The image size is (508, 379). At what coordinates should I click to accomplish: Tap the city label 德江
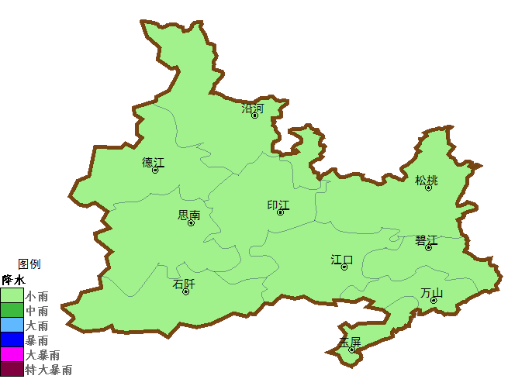click(154, 162)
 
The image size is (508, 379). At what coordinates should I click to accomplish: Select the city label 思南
click(189, 215)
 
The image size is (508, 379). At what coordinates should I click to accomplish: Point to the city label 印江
click(278, 205)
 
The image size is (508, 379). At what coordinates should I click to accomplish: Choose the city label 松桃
click(427, 180)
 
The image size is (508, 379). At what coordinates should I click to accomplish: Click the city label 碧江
click(427, 239)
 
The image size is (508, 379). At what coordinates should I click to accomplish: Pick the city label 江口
click(342, 259)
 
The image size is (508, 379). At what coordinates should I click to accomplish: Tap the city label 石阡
click(184, 284)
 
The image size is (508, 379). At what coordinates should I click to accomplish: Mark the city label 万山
click(432, 292)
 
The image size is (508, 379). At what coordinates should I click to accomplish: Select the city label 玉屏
click(351, 342)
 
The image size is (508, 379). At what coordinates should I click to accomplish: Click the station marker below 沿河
click(254, 115)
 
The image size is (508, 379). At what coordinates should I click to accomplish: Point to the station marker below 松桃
click(428, 188)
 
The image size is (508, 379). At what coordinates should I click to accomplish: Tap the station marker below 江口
click(344, 267)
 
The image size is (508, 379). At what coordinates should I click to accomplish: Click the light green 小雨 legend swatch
click(12, 295)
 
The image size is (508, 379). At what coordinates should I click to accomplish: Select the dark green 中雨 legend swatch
click(12, 310)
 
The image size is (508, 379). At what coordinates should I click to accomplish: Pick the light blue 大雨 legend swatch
click(12, 325)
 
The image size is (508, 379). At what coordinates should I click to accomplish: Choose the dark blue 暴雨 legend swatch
click(12, 339)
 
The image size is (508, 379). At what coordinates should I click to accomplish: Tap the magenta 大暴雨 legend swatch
click(12, 354)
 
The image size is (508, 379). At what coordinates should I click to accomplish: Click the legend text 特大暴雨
click(49, 370)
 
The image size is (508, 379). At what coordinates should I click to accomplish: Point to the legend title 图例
click(29, 264)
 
